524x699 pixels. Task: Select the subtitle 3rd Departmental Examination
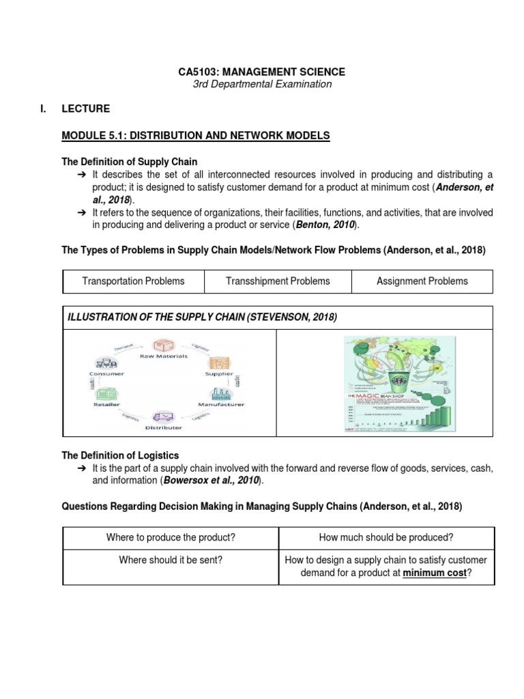coord(262,85)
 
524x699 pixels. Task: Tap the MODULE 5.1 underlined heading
coord(195,136)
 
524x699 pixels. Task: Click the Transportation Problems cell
coord(133,281)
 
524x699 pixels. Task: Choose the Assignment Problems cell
coord(422,281)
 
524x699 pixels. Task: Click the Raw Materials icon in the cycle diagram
coord(163,347)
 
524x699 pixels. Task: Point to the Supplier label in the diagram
coord(219,374)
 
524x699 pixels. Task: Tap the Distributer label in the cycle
coord(163,427)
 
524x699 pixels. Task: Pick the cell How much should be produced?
coord(386,538)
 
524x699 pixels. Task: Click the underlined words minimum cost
coord(434,573)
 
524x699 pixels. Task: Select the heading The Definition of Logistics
coord(121,455)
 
